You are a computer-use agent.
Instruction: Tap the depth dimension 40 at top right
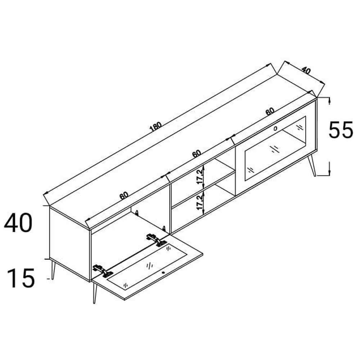click(306, 71)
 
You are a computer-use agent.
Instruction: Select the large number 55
click(341, 130)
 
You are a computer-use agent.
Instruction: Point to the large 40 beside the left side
click(18, 223)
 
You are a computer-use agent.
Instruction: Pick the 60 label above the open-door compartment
click(124, 195)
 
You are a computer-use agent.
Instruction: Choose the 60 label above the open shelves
click(197, 153)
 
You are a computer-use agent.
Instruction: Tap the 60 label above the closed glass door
click(270, 111)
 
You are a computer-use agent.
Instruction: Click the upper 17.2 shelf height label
click(200, 176)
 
